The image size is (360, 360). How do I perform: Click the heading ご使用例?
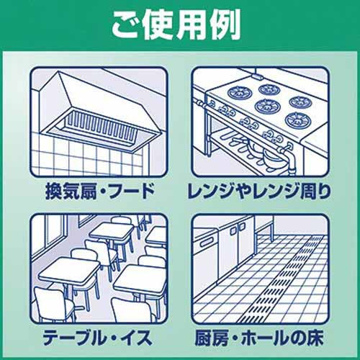[176, 26]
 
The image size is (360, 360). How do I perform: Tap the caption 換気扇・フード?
[100, 192]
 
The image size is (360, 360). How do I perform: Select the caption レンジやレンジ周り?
[259, 192]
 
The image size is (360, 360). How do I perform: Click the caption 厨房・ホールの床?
[259, 338]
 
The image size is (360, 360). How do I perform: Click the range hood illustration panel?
[99, 122]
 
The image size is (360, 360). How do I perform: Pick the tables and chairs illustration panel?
[99, 269]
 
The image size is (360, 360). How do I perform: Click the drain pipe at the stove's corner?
[291, 160]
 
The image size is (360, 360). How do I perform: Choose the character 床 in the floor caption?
[315, 338]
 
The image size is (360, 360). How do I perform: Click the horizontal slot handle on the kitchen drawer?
[207, 243]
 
